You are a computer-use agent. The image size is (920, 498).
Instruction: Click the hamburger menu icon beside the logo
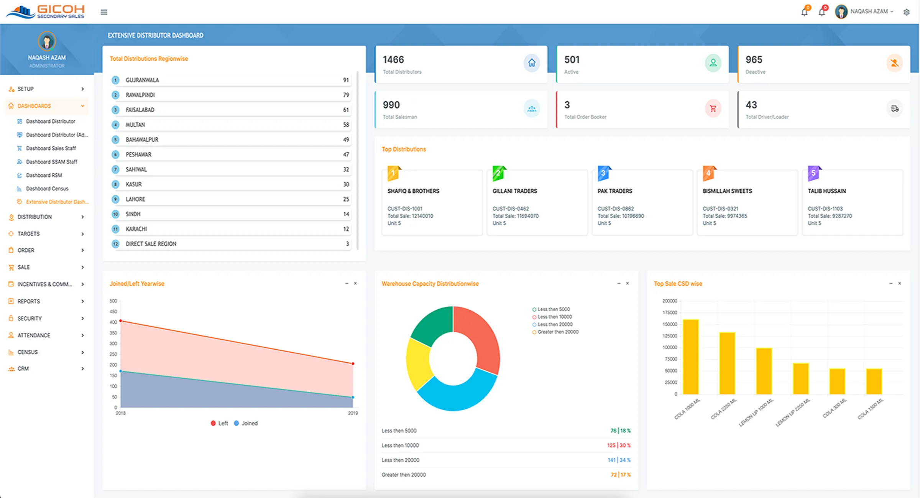point(104,12)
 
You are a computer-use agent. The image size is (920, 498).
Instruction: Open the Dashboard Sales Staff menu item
point(51,148)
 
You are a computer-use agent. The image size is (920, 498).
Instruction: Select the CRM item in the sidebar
point(23,369)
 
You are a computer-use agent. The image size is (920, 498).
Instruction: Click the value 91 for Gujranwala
point(346,80)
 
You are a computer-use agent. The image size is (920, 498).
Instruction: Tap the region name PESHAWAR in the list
point(138,154)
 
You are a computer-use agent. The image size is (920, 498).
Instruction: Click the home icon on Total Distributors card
point(532,63)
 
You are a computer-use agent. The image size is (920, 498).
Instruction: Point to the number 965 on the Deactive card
point(754,60)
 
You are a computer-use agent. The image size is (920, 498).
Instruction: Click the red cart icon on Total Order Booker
point(713,108)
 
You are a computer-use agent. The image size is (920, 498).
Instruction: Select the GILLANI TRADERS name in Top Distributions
point(514,191)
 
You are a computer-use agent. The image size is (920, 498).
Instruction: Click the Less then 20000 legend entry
point(555,324)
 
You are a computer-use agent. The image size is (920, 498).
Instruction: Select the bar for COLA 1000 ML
point(691,357)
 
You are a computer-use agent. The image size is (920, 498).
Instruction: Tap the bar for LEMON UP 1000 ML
point(764,371)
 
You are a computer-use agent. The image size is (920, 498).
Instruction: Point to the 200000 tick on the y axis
point(669,301)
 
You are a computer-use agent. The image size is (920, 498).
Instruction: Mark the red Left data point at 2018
point(121,321)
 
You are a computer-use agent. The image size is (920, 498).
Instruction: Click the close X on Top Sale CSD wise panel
point(899,283)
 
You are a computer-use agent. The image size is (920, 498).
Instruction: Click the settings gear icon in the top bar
point(906,12)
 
